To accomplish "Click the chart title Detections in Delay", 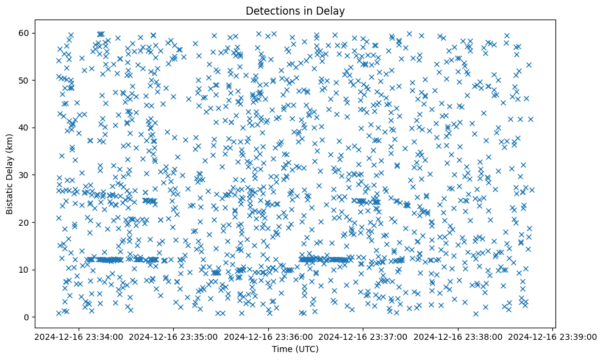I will (x=294, y=10).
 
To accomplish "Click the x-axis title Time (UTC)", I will (x=294, y=350).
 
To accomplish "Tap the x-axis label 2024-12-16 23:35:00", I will (x=173, y=336).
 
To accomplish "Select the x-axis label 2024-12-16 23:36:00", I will (x=268, y=336).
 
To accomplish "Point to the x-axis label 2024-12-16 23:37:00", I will (x=363, y=336).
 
